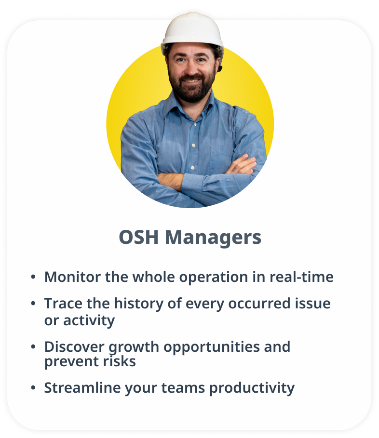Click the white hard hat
pyautogui.click(x=192, y=30)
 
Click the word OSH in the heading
pyautogui.click(x=139, y=238)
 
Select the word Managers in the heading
pyautogui.click(x=213, y=238)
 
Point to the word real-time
pyautogui.click(x=301, y=277)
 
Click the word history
pyautogui.click(x=139, y=304)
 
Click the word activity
pyautogui.click(x=89, y=321)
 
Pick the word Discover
pyautogui.click(x=74, y=346)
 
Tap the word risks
pyautogui.click(x=120, y=361)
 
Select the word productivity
pyautogui.click(x=252, y=388)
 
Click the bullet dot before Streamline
pyautogui.click(x=33, y=388)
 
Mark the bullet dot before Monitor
pyautogui.click(x=33, y=277)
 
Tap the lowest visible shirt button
pyautogui.click(x=192, y=168)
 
